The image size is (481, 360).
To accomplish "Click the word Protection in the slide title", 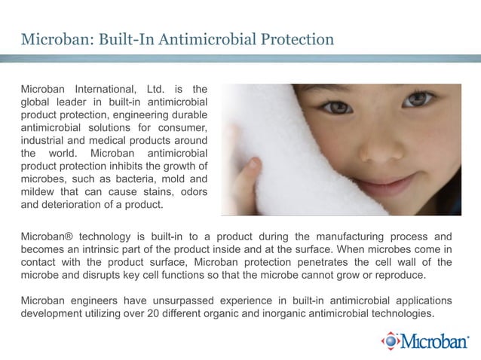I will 293,38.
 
